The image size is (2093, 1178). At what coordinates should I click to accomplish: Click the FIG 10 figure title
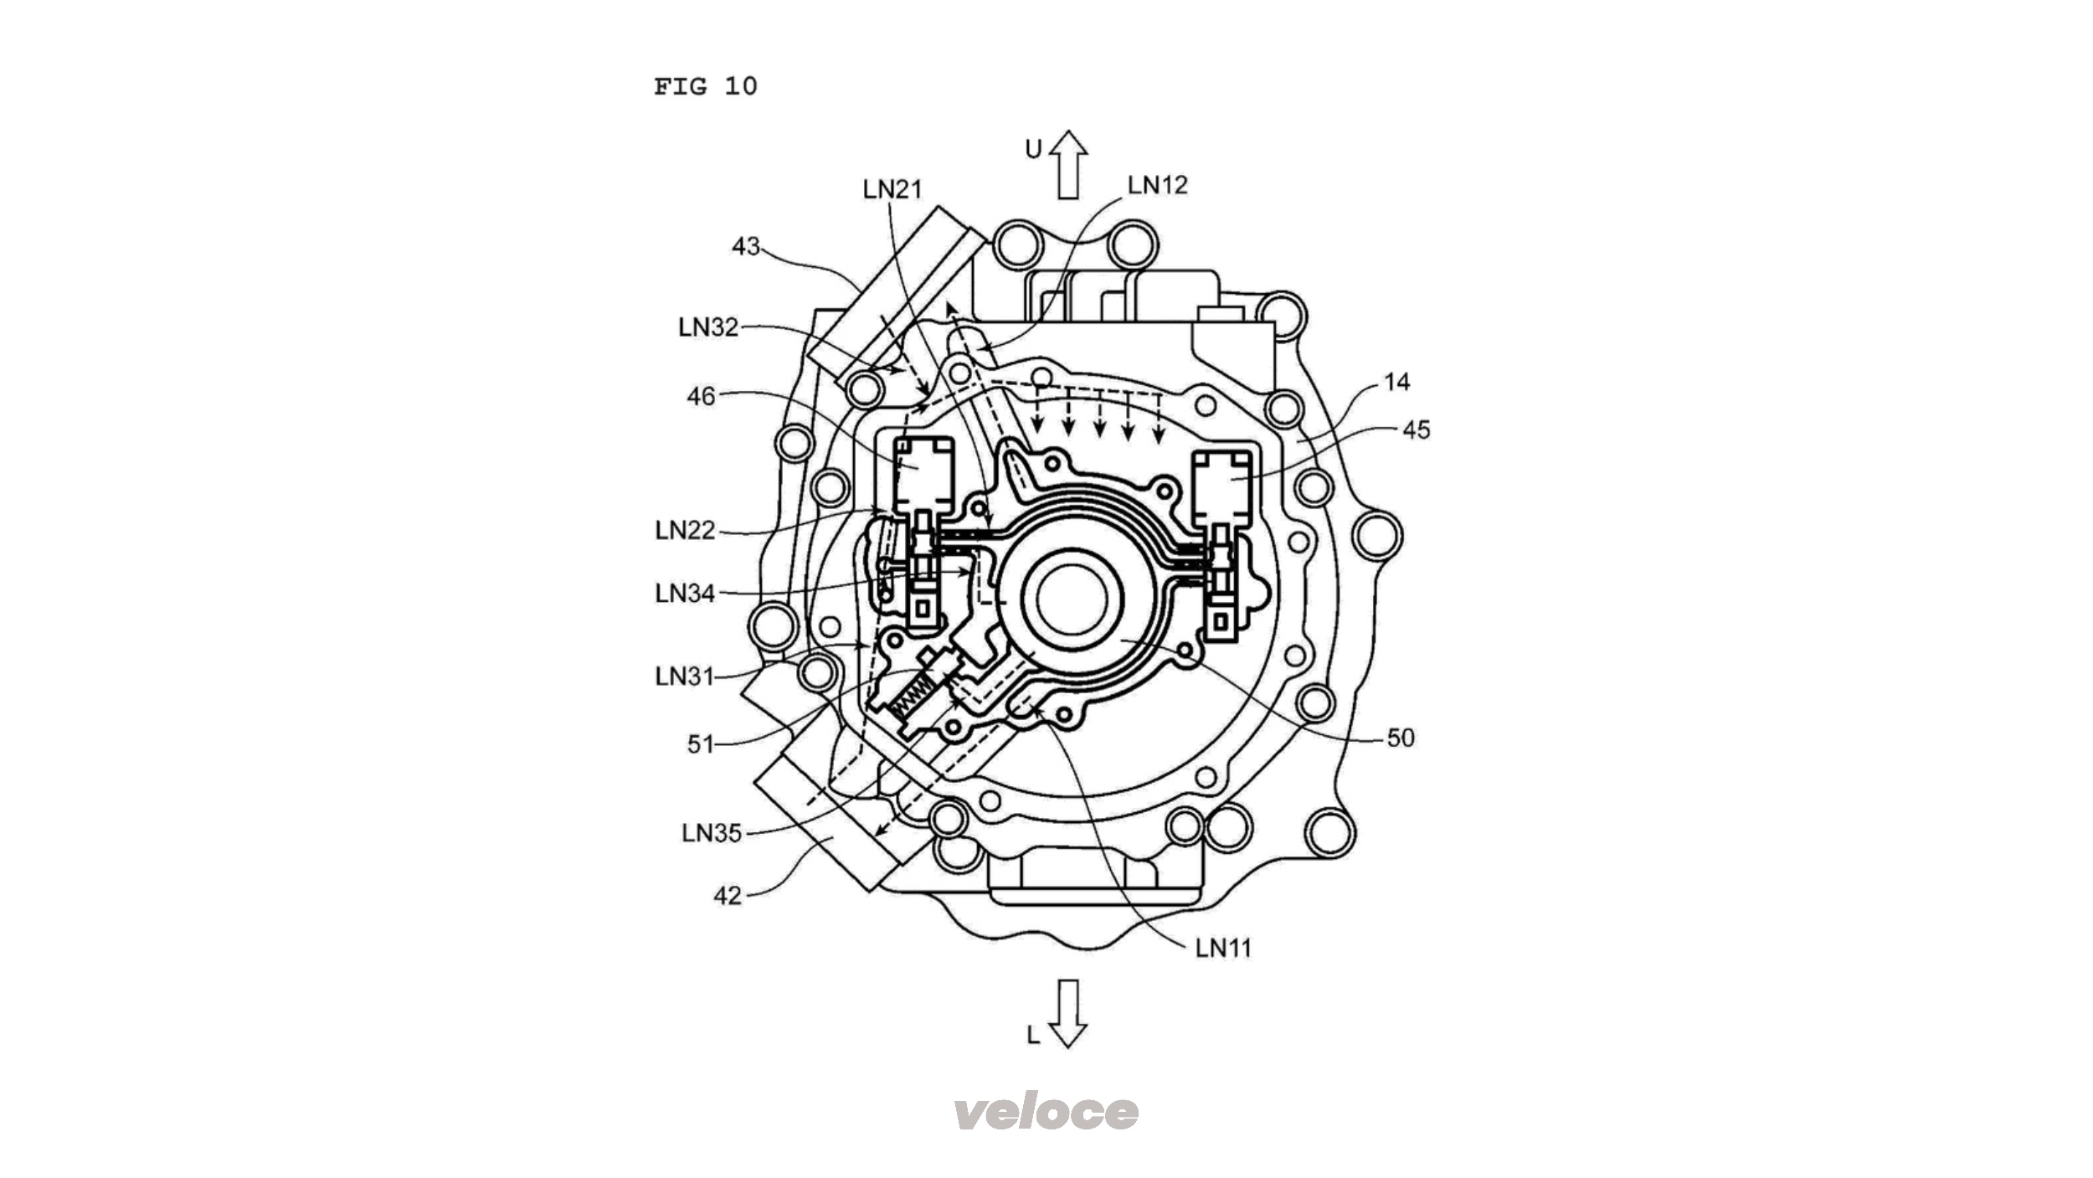pos(705,86)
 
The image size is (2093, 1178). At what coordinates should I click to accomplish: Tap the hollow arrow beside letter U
pos(1067,165)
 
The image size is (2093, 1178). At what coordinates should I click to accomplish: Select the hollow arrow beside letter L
pos(1067,1013)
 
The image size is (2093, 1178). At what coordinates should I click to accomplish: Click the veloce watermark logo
pos(1046,1111)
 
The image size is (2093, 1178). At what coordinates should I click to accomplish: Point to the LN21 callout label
pos(892,190)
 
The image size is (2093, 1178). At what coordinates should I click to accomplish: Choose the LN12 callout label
pos(1157,185)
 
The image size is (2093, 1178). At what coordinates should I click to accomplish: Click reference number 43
pos(746,246)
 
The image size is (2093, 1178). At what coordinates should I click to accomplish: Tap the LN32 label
pos(708,327)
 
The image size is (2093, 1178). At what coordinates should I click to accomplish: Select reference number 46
pos(701,396)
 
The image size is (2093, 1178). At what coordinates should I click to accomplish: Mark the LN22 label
pos(685,530)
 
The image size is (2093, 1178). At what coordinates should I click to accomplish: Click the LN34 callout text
pos(685,594)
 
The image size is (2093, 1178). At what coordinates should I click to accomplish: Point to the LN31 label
pos(685,676)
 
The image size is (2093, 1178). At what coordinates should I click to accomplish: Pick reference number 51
pos(701,743)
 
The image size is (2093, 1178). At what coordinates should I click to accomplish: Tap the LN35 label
pos(712,833)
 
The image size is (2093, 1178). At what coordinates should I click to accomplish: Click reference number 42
pos(727,896)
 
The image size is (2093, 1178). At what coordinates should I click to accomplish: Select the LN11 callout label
pos(1223,948)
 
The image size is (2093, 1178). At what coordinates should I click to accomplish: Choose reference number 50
pos(1401,738)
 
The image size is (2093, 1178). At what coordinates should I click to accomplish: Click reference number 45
pos(1417,430)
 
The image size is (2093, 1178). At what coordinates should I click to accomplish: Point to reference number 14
pos(1396,382)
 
